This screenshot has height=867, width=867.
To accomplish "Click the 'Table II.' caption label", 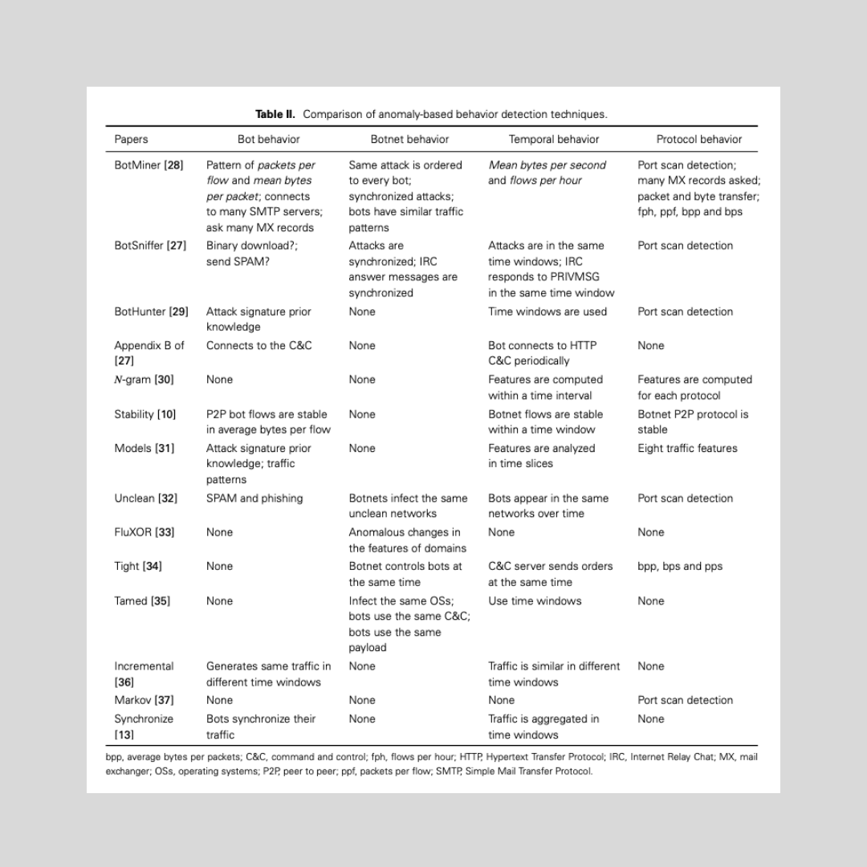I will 275,114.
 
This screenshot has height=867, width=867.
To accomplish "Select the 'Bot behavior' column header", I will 268,139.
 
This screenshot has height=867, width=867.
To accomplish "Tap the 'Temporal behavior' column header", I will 554,139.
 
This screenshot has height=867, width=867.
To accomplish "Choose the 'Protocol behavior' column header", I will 698,139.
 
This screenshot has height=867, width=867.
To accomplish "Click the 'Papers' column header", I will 131,139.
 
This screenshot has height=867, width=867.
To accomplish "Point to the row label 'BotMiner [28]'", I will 149,165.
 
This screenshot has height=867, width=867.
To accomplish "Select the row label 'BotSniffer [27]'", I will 150,246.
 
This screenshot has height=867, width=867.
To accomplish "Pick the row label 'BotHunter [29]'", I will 151,311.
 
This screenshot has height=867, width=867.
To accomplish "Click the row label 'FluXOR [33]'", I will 144,532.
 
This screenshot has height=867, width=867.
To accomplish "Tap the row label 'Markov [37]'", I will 144,700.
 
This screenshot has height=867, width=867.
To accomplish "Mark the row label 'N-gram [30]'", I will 144,380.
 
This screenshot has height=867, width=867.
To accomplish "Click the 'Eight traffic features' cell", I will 687,448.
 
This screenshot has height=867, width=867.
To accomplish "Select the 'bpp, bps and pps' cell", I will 680,566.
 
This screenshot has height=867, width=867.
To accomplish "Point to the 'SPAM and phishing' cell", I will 254,499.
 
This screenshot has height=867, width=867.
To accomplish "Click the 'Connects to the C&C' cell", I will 259,345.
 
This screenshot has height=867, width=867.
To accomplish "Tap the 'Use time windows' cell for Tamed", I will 535,600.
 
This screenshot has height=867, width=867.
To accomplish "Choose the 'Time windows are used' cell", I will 547,311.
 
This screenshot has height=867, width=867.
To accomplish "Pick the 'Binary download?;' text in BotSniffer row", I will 251,246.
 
